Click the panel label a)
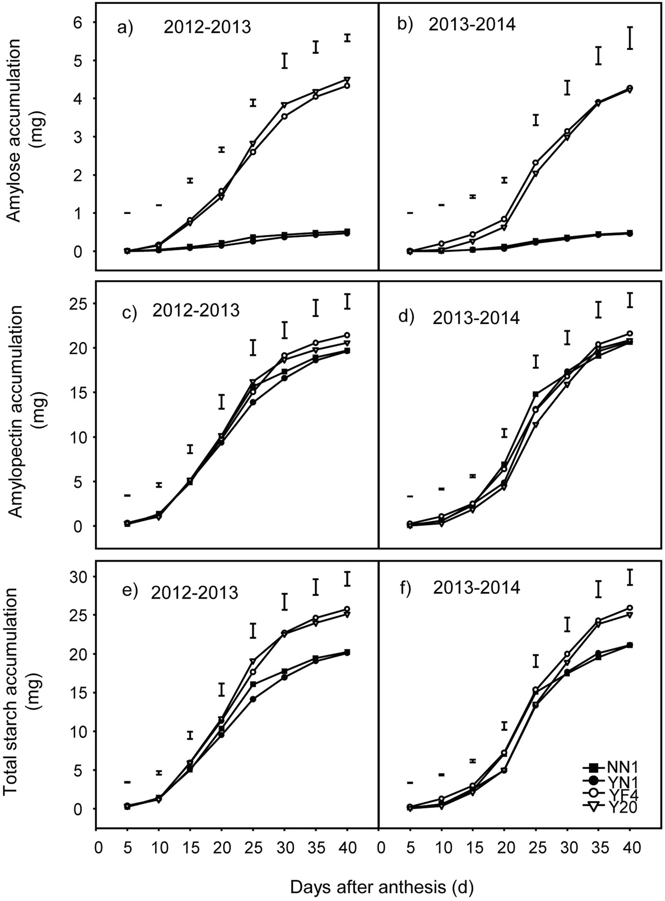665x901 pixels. click(x=125, y=28)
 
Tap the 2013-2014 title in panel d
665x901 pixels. click(x=476, y=318)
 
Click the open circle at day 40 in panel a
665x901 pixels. click(x=347, y=86)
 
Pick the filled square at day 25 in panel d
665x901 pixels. click(x=535, y=394)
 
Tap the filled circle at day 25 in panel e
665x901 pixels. click(x=253, y=699)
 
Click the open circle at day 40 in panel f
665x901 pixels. click(x=630, y=608)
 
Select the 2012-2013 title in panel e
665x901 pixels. click(x=195, y=592)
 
